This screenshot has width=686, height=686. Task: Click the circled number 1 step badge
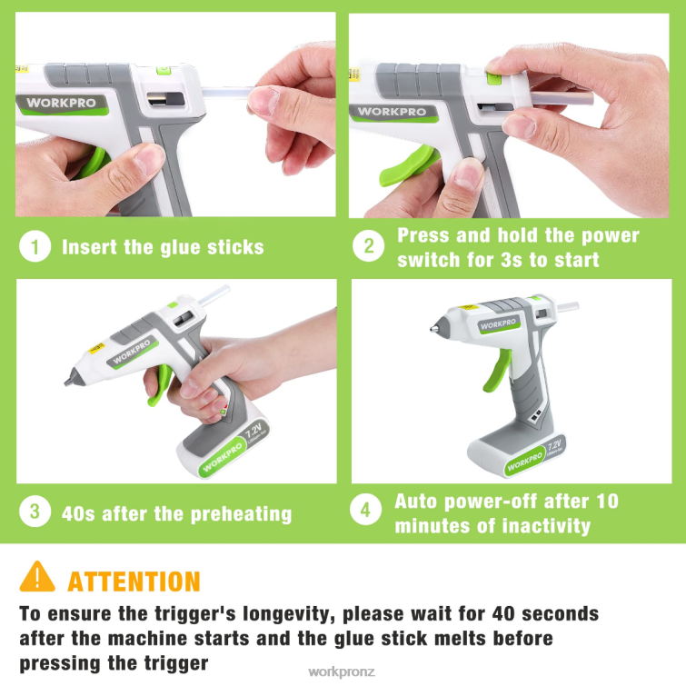35,246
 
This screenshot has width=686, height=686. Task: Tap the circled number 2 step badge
368,246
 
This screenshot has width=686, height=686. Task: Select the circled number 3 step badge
35,511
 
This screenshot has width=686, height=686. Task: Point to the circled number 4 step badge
366,509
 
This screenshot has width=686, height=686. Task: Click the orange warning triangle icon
37,577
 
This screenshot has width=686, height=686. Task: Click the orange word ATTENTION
134,582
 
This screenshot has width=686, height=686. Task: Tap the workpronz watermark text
342,671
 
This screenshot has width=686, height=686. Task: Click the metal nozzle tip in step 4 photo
433,328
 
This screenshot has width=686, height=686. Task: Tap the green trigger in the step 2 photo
407,166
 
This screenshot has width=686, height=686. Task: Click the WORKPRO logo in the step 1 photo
61,104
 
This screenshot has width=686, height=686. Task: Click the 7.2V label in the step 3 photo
254,430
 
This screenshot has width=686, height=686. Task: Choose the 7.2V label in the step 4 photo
554,446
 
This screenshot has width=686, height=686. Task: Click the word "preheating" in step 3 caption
242,514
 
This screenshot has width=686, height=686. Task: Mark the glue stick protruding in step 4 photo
567,306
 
